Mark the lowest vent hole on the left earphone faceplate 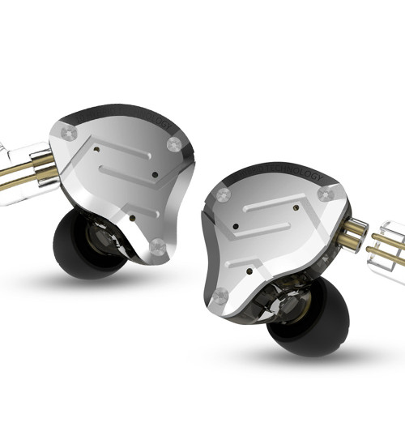[x=127, y=217]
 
